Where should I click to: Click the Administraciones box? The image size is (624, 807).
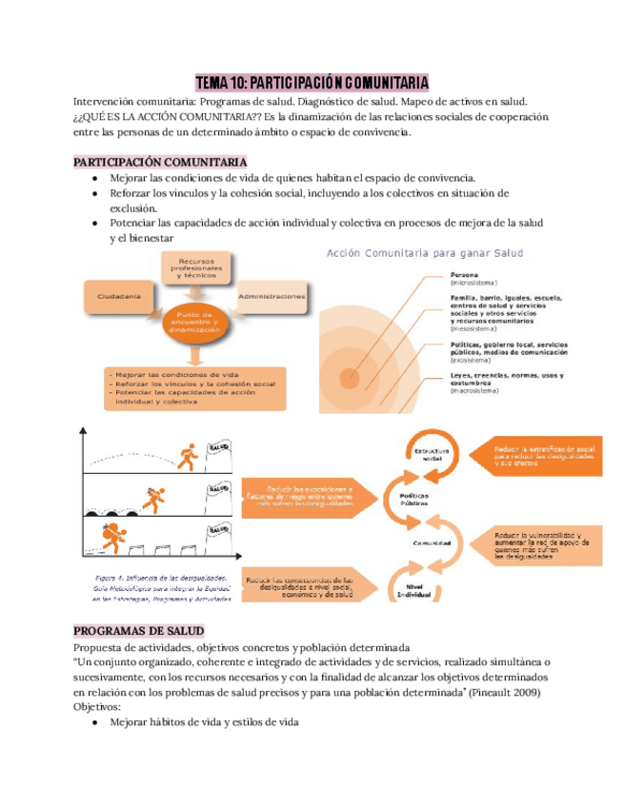click(x=272, y=297)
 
